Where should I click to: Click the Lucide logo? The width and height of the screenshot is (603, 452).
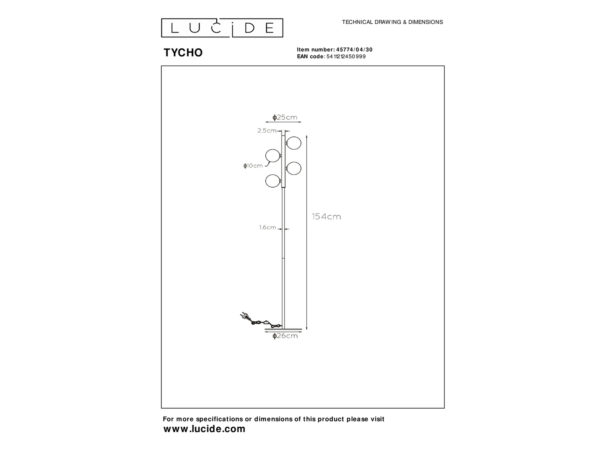(x=222, y=28)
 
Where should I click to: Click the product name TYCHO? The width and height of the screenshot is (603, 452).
(x=183, y=52)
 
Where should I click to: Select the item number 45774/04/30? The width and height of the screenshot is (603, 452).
(x=355, y=50)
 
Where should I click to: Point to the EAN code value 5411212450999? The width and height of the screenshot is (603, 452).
(x=346, y=57)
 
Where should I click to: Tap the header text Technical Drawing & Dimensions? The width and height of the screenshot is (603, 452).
(x=392, y=22)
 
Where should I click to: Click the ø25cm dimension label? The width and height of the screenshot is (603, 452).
(x=285, y=117)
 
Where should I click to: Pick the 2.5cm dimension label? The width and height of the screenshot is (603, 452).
(x=267, y=131)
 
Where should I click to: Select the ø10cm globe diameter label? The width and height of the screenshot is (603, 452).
(x=253, y=166)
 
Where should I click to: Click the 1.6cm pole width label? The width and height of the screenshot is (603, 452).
(x=268, y=227)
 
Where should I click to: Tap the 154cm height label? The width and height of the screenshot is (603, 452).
(x=326, y=217)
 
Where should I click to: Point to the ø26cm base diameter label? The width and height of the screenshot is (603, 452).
(x=285, y=335)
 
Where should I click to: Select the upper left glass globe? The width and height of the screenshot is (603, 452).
(x=273, y=156)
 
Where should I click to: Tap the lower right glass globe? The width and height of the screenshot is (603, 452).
(x=294, y=168)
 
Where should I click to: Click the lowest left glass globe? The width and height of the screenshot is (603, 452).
(x=273, y=181)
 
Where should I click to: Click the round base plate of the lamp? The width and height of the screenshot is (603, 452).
(x=283, y=329)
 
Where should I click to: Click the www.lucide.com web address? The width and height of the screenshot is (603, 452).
(x=204, y=429)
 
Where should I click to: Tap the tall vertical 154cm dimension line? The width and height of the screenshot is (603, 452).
(x=307, y=233)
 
